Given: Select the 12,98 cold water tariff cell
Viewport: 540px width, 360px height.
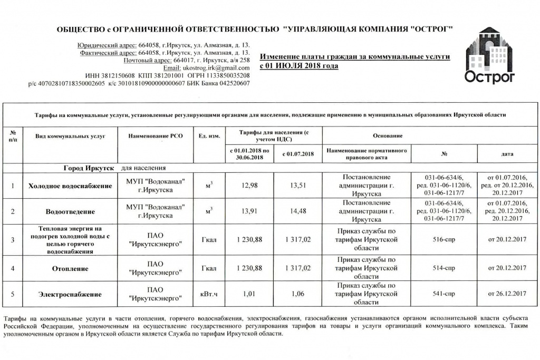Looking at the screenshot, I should pyautogui.click(x=250, y=186).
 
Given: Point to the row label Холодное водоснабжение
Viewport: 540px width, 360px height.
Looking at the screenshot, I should pyautogui.click(x=70, y=186).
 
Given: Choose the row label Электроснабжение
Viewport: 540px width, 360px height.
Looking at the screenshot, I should pyautogui.click(x=70, y=294).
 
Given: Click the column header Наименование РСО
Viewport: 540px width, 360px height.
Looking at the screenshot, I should pyautogui.click(x=155, y=136).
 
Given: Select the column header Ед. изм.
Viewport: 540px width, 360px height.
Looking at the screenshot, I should pyautogui.click(x=209, y=136).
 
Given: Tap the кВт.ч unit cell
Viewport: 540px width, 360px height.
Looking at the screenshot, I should pyautogui.click(x=209, y=294).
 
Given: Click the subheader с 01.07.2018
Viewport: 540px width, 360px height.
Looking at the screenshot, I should pyautogui.click(x=297, y=154).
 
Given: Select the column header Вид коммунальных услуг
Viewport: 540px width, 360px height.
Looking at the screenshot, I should pyautogui.click(x=70, y=136).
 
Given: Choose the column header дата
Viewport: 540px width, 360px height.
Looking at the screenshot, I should pyautogui.click(x=507, y=154).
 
